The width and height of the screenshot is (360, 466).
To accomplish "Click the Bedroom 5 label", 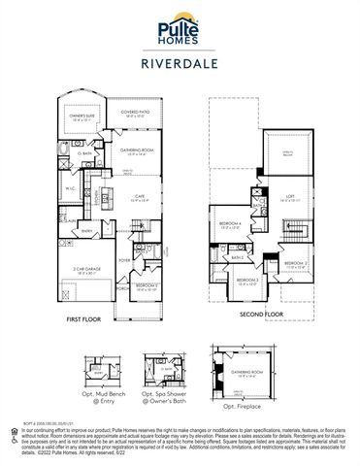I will pyautogui.click(x=146, y=286).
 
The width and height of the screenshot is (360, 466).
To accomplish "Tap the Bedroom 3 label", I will pyautogui.click(x=247, y=281).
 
